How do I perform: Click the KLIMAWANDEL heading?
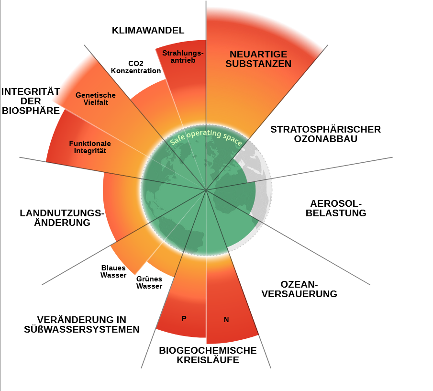point(148,31)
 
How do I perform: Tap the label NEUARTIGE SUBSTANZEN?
point(258,59)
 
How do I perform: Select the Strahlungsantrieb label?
point(183,56)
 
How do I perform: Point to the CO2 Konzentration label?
point(136,67)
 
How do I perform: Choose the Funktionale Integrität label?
point(90,147)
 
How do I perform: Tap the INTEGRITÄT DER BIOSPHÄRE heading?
point(31,101)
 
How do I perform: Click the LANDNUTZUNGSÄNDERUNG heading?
point(62,218)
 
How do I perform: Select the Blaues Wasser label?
point(113,271)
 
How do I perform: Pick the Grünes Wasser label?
point(149,282)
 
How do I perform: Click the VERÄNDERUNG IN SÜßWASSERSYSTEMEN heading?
point(82,324)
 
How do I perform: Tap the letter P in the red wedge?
point(184,318)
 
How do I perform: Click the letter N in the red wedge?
point(226,320)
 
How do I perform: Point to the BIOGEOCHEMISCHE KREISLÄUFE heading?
point(208,355)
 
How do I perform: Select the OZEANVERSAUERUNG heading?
point(300,289)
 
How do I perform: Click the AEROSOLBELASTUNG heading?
point(336,208)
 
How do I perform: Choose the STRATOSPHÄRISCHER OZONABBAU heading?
point(325,134)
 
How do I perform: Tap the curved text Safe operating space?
point(206,137)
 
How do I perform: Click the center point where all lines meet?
point(206,190)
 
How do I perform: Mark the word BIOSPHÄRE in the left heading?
point(31,111)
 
